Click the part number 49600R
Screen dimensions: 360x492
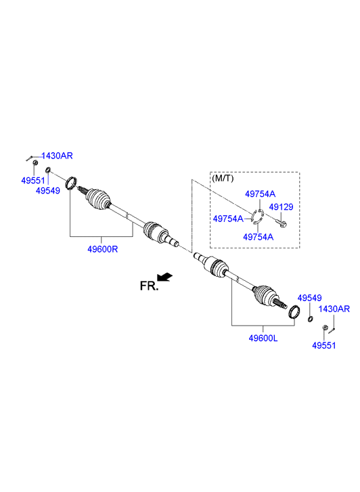(x=102, y=249)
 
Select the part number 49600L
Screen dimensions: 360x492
(x=263, y=338)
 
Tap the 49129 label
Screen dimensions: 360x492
(x=281, y=207)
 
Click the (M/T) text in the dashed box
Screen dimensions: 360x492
(x=223, y=179)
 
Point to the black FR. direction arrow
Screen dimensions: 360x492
(x=165, y=277)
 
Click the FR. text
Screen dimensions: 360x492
(x=149, y=286)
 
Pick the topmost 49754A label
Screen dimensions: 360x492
(x=261, y=194)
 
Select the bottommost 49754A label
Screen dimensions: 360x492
(x=258, y=237)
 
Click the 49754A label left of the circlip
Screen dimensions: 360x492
(x=228, y=219)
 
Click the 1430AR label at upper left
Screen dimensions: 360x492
(x=57, y=156)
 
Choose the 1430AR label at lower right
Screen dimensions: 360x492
(x=334, y=309)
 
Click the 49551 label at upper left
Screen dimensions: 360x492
(x=33, y=181)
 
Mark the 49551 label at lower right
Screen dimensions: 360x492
(x=324, y=345)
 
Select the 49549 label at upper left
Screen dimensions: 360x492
(x=48, y=190)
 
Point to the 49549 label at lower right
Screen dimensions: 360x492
(x=309, y=298)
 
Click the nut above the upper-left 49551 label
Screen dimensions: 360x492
(x=35, y=162)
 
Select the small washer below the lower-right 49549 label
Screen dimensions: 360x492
(x=310, y=319)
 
